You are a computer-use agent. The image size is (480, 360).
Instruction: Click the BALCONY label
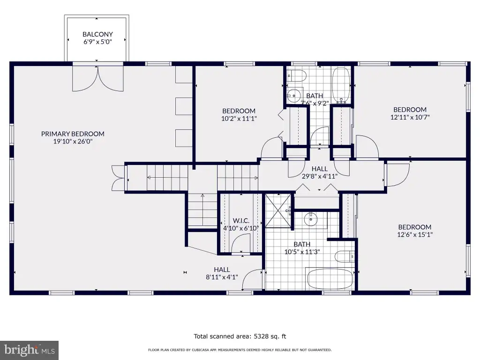click(97, 34)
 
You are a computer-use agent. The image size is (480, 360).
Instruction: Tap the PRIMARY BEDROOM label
click(73, 134)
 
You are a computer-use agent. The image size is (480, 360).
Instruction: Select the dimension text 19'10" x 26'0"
click(73, 142)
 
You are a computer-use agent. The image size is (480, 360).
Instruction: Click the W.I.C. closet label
click(241, 221)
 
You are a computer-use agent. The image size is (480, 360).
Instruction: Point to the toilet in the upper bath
click(297, 75)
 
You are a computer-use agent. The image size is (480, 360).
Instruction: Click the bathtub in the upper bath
click(341, 85)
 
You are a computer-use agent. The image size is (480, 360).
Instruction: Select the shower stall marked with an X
click(278, 210)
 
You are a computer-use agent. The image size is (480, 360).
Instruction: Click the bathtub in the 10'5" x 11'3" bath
click(330, 278)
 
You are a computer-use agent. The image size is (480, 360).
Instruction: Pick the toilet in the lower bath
click(345, 256)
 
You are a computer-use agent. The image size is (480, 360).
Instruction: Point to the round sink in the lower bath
click(311, 219)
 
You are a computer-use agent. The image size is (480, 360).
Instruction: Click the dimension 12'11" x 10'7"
click(410, 117)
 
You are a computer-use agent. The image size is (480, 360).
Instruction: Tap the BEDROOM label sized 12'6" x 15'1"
click(415, 227)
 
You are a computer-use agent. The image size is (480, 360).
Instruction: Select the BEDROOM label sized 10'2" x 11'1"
click(239, 111)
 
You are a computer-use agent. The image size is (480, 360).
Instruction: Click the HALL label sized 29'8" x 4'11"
click(320, 169)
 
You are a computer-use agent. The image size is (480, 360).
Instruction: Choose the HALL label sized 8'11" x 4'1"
click(222, 270)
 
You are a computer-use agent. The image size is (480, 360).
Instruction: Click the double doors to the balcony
click(98, 79)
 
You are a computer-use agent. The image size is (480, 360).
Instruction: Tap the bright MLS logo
click(30, 350)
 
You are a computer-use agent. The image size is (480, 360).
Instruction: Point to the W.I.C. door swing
click(240, 244)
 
